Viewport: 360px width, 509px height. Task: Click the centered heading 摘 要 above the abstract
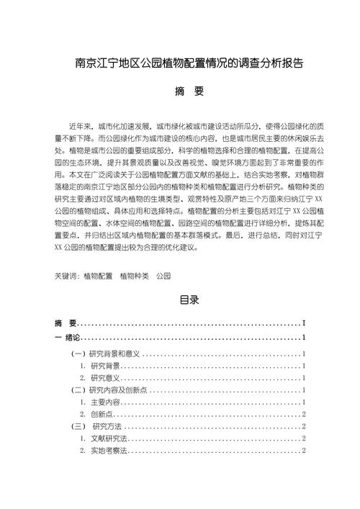point(179,92)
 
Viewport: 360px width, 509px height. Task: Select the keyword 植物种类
point(134,275)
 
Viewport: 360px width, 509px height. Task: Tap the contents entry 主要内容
point(106,402)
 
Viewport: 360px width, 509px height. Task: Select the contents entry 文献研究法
point(109,438)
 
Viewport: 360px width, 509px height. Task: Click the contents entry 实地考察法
point(109,450)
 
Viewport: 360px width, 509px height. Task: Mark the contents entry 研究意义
point(105,378)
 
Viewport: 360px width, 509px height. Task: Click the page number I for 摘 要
point(305,323)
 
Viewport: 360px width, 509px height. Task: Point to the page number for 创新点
point(305,414)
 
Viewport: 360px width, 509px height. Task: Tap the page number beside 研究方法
point(305,426)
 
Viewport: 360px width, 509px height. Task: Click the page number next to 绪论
point(305,337)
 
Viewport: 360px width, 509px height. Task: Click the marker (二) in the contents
point(79,389)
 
